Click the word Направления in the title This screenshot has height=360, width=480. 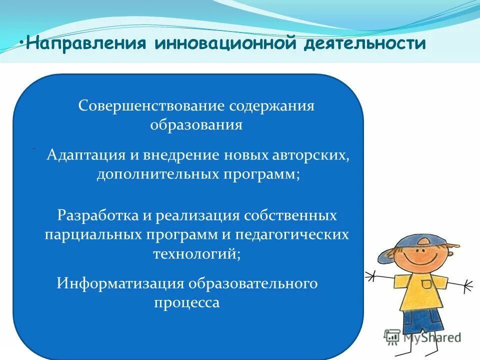click(x=86, y=43)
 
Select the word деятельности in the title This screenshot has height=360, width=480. click(x=366, y=43)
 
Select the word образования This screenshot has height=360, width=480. click(x=196, y=125)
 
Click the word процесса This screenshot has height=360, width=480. click(x=186, y=302)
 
